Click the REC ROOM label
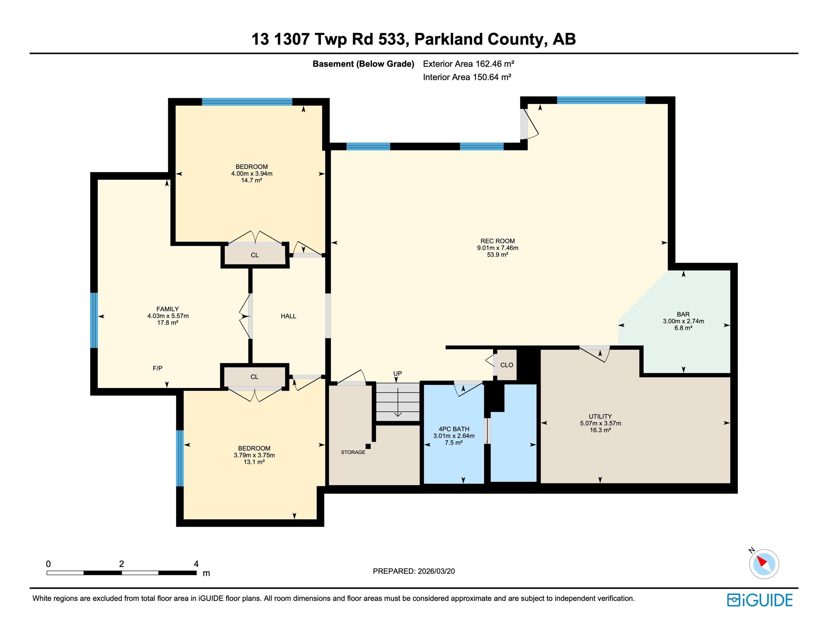click(497, 241)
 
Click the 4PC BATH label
click(454, 429)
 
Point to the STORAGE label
click(353, 452)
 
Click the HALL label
click(289, 316)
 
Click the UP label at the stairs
click(397, 373)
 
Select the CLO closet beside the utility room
click(507, 365)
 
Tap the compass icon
click(764, 564)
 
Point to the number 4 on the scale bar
click(196, 564)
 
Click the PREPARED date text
click(414, 571)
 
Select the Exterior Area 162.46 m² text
click(468, 64)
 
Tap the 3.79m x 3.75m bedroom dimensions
click(254, 455)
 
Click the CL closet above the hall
click(255, 255)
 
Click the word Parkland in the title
click(448, 39)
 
